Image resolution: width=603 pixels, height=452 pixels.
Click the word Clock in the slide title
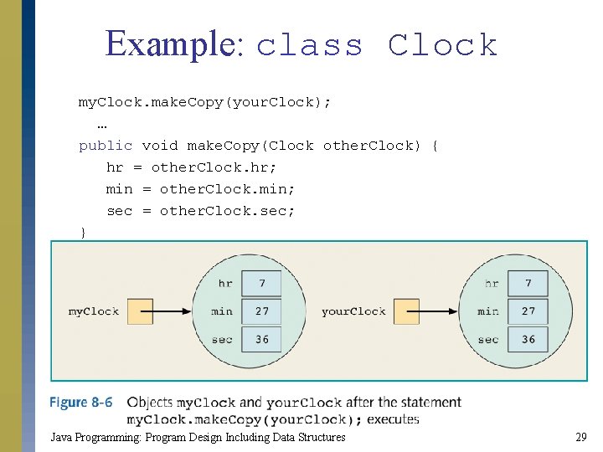[443, 45]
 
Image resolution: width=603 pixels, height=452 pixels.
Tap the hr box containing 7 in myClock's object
[262, 284]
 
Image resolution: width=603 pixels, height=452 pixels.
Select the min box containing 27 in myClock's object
[262, 311]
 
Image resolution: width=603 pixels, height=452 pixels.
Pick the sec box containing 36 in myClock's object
[262, 339]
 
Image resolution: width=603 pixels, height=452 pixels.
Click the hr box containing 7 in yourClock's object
[528, 284]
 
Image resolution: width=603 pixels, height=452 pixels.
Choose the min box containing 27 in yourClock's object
[528, 311]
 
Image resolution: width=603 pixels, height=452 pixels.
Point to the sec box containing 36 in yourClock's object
[528, 339]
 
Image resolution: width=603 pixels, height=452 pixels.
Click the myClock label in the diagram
[94, 311]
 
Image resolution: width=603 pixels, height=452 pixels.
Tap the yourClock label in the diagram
[353, 311]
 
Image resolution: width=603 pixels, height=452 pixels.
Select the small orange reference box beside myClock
[141, 311]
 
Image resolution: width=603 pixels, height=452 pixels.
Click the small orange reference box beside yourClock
[406, 311]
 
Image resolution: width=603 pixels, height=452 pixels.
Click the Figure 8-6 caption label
[80, 403]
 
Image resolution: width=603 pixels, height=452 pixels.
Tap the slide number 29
[580, 437]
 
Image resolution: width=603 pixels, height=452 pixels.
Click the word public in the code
[106, 146]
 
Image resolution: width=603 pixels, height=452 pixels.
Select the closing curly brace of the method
[82, 232]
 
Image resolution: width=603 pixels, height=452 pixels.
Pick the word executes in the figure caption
[393, 419]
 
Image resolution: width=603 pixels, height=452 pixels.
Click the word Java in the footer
[61, 437]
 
